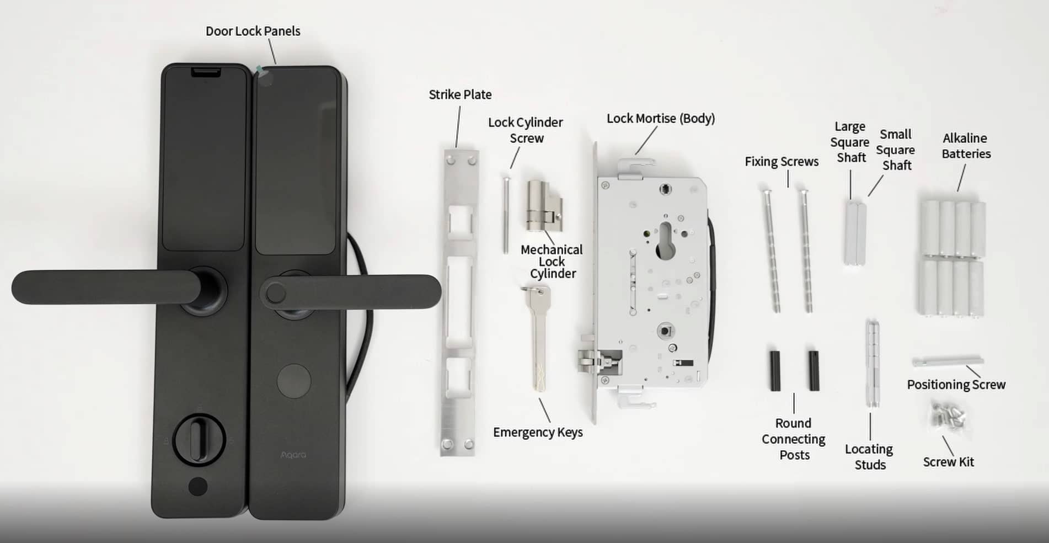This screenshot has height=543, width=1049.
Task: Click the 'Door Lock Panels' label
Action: point(253,31)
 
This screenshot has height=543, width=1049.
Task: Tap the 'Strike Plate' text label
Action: point(460,94)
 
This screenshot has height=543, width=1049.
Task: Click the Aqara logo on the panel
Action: point(293,455)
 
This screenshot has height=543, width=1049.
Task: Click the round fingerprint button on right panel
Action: point(293,381)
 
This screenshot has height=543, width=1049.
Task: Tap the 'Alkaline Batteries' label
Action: point(966,146)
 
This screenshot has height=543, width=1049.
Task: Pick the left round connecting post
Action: point(775,370)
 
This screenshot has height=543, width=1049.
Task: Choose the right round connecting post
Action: point(813,370)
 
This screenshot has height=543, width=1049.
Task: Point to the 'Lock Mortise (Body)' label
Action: point(660,118)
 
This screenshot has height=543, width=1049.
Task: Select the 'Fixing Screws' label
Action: point(782,161)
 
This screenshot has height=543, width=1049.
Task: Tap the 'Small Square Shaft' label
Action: point(896,150)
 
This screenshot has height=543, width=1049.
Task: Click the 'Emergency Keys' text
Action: point(538,432)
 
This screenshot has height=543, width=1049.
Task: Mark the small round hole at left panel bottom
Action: point(198,487)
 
